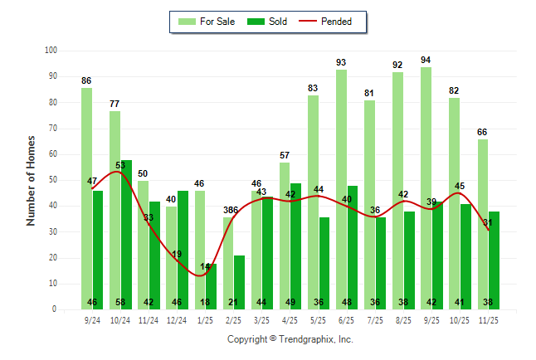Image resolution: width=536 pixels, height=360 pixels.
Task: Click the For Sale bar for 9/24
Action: [86, 199]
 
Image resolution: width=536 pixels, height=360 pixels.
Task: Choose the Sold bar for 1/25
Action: [211, 286]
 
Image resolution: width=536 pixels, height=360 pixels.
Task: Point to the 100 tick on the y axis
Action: [50, 51]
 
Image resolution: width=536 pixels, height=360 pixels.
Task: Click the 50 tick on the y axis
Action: [51, 180]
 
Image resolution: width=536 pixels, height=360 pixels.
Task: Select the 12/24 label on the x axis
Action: [177, 319]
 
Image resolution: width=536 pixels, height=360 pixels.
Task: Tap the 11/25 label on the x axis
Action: [488, 319]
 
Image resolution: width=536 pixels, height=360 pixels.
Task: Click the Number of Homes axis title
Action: [32, 180]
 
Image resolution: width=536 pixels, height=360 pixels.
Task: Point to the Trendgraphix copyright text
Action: [290, 339]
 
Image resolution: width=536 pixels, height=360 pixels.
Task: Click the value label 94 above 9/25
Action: [426, 60]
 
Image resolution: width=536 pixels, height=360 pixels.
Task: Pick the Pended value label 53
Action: [121, 165]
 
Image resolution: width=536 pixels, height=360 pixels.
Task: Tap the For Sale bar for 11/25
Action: [482, 224]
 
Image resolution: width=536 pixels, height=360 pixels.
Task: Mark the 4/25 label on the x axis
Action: [290, 319]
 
